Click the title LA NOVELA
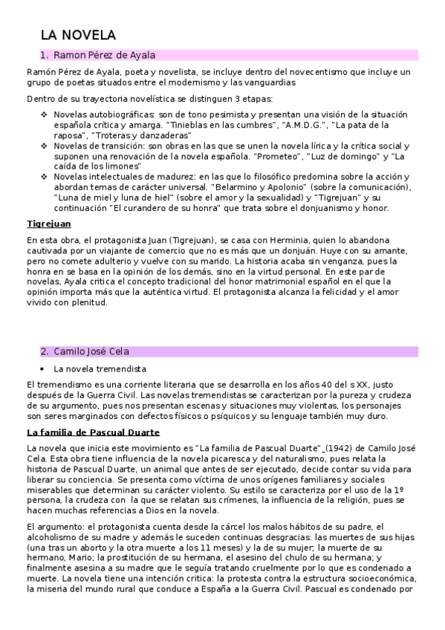(78, 35)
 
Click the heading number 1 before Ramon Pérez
(44, 55)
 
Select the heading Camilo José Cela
(101, 351)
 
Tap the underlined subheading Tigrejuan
(48, 224)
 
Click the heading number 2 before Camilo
(44, 351)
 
